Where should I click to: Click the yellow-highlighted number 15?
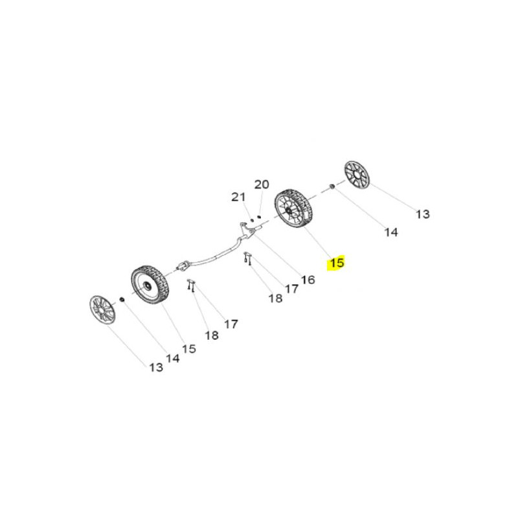click(x=337, y=263)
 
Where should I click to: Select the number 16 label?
click(x=308, y=280)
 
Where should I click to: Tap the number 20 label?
click(x=262, y=185)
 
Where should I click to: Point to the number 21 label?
click(x=238, y=197)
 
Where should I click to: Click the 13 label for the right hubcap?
click(x=423, y=214)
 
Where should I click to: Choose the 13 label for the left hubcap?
click(x=156, y=367)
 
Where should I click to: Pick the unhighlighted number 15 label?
click(x=189, y=348)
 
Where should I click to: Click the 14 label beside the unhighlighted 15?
click(x=172, y=358)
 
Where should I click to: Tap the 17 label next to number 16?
click(x=291, y=289)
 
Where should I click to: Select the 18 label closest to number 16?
click(x=275, y=298)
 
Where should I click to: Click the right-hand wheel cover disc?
click(x=357, y=175)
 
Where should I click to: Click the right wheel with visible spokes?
click(x=294, y=208)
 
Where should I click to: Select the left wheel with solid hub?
click(x=150, y=284)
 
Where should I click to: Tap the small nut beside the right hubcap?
click(x=332, y=187)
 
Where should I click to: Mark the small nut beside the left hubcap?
click(x=122, y=299)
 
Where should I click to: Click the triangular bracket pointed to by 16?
click(x=247, y=229)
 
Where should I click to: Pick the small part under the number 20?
click(x=259, y=217)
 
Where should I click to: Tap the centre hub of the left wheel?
click(x=145, y=285)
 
